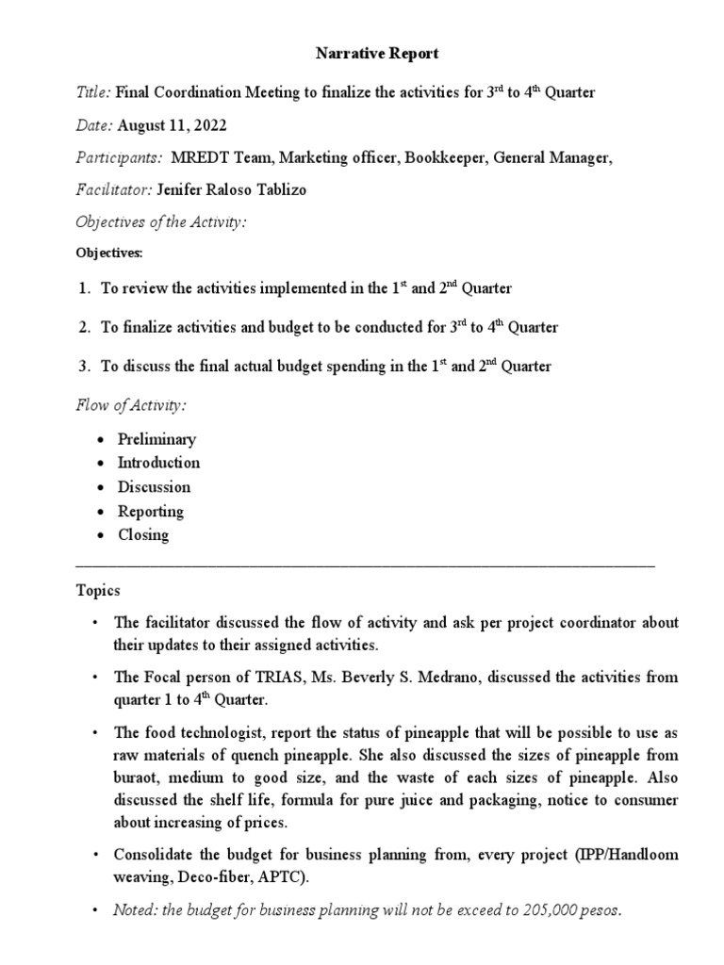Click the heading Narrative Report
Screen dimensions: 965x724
[376, 54]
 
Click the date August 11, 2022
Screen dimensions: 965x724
[173, 125]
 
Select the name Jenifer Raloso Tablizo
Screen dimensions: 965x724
[244, 190]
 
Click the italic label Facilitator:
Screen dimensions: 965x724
[113, 190]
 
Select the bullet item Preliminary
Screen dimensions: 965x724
[156, 439]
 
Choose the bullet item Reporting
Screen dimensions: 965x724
[150, 511]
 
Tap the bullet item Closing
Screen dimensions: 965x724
[143, 535]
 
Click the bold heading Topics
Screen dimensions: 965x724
[98, 591]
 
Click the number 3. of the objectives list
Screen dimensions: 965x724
[85, 367]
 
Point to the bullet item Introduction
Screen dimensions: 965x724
[158, 463]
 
